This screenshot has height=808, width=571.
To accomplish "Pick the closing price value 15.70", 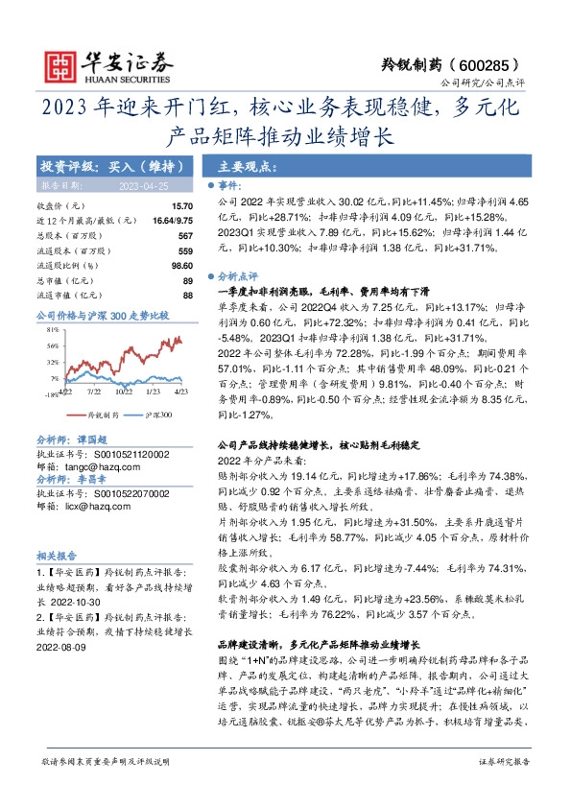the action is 181,206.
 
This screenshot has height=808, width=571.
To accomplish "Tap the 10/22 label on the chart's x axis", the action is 123,391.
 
